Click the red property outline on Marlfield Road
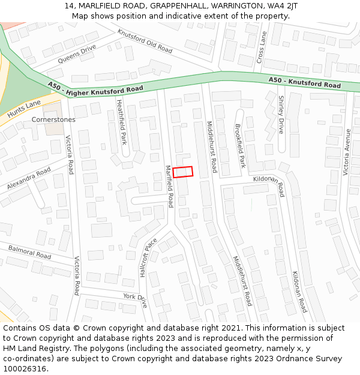(x=183, y=172)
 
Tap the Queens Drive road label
(x=77, y=54)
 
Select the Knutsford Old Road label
(x=145, y=41)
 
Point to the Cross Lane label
(x=260, y=47)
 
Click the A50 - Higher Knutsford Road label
(x=96, y=88)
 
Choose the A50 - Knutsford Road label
(x=304, y=82)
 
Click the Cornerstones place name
(x=53, y=119)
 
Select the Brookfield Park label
(x=240, y=146)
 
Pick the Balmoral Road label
(x=29, y=251)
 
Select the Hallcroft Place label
(x=148, y=257)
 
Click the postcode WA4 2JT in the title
(x=284, y=5)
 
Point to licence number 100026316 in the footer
(x=26, y=368)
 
